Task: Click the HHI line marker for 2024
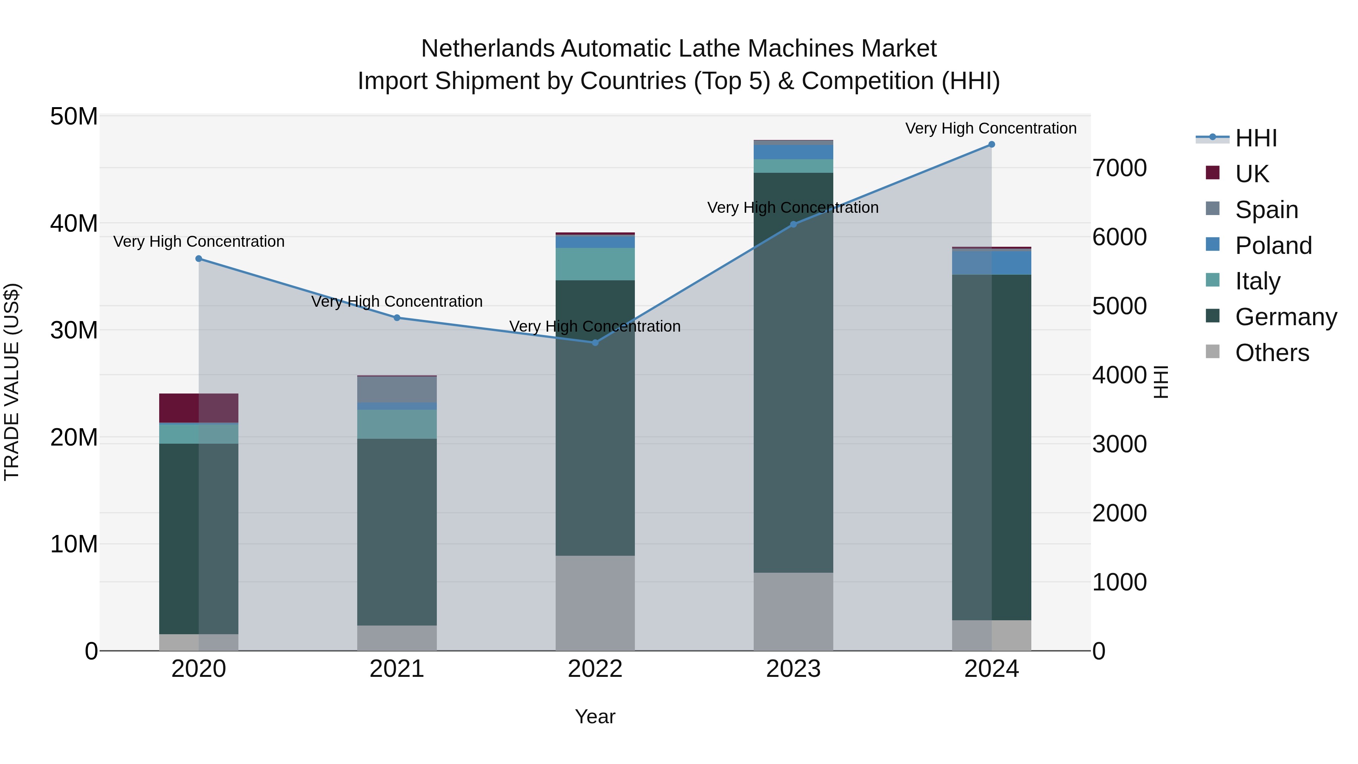coord(991,144)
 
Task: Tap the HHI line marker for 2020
coord(199,259)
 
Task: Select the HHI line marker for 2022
coord(595,343)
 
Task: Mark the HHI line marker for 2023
coord(793,224)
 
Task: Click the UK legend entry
coord(1252,174)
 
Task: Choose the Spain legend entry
coord(1266,209)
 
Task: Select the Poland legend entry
coord(1273,245)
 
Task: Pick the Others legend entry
coord(1272,353)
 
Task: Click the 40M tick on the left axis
coord(74,224)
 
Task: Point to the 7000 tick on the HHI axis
coord(1119,168)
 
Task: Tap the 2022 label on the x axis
coord(595,669)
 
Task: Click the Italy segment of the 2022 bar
coord(595,264)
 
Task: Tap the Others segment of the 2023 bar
coord(793,612)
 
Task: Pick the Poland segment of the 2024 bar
coord(991,263)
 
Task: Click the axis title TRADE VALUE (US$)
coord(12,382)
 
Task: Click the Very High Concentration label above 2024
coord(991,128)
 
